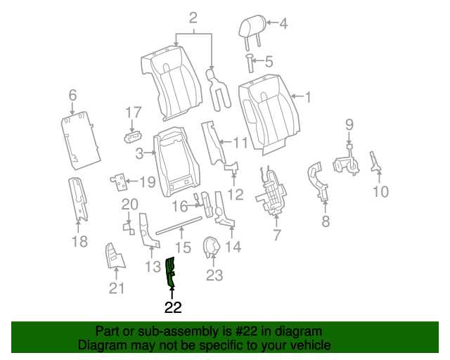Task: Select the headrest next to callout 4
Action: [250, 29]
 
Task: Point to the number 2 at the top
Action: [193, 18]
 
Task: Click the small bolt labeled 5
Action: [250, 63]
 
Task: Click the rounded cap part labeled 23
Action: [211, 247]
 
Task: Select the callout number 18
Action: [79, 242]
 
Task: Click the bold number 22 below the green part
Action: [173, 307]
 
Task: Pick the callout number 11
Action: [240, 143]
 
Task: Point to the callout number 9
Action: [349, 125]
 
